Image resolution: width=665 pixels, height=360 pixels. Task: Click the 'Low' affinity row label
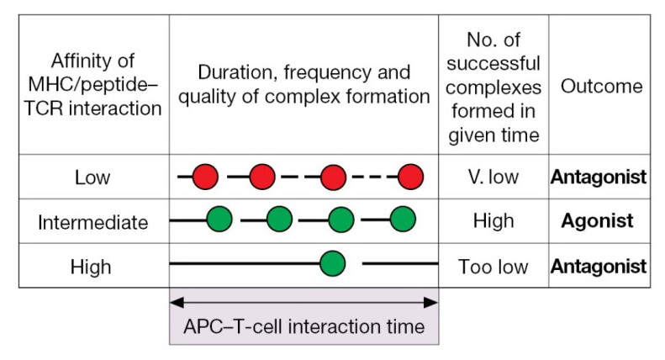coord(92,177)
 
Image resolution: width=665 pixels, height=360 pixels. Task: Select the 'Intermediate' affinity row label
coord(92,222)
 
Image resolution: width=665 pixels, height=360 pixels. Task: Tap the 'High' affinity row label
coord(92,267)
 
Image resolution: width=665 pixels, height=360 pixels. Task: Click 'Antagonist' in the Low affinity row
coord(599,177)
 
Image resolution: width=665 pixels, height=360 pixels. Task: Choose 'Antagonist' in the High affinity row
coord(599,267)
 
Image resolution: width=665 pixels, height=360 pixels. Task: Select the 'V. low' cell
coord(493,177)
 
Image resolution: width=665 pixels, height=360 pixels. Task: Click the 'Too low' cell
coord(493,267)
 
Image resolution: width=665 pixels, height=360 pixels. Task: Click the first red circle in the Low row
coord(205,177)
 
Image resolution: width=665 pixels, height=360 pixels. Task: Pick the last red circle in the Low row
coord(410,177)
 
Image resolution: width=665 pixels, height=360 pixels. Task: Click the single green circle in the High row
coord(333,264)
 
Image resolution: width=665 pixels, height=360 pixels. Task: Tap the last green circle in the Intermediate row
coord(403,220)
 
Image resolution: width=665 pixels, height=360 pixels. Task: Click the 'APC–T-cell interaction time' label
coord(303,326)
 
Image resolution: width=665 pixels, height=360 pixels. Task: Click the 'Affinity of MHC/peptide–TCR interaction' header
coord(92,86)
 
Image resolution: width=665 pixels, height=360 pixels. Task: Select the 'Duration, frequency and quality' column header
coord(303,84)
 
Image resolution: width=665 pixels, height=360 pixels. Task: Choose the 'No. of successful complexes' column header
coord(493,86)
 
